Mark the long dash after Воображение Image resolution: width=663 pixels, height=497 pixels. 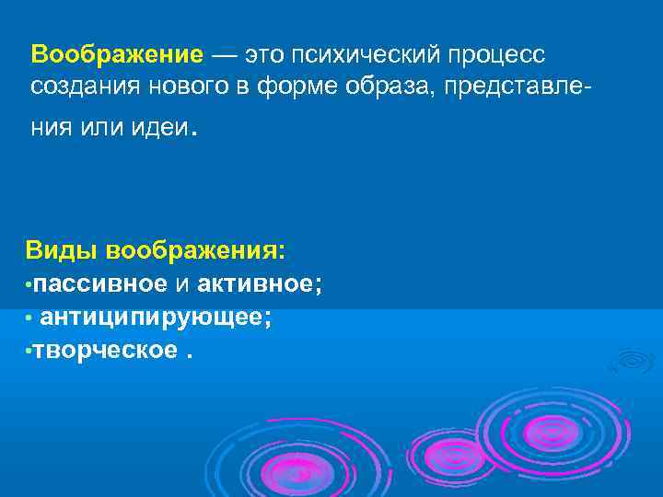227,53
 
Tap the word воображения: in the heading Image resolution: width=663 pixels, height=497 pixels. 195,250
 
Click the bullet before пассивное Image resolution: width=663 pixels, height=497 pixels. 29,284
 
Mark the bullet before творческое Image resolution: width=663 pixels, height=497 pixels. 29,352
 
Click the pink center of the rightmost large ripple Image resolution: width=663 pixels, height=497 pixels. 552,431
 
